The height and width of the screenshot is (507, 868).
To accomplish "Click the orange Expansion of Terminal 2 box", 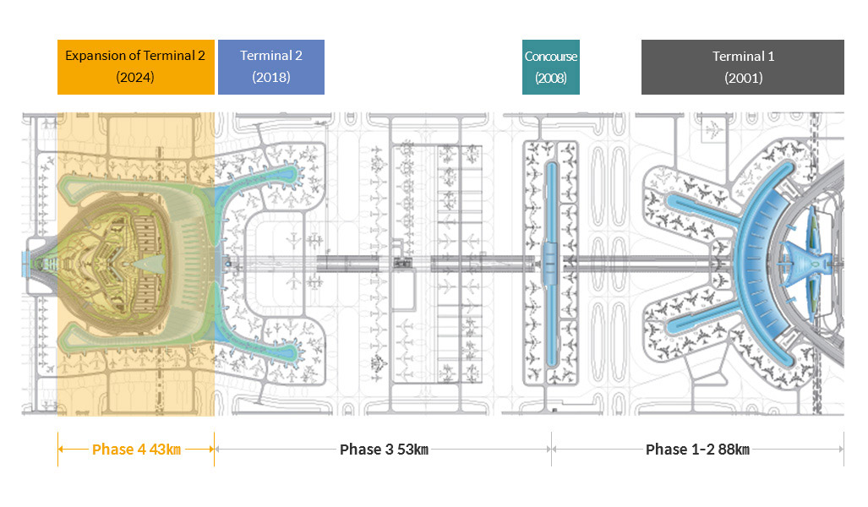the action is click(135, 67).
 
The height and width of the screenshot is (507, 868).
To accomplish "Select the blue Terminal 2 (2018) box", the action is click(271, 67).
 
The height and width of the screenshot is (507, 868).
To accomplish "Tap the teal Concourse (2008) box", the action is click(551, 67).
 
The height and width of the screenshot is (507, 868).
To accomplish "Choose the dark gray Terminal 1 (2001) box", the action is click(743, 67).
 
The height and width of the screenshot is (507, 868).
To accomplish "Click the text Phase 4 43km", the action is click(136, 450).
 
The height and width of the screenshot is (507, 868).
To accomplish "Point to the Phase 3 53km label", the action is click(385, 450).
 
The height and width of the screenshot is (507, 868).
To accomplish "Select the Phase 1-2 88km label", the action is click(697, 450).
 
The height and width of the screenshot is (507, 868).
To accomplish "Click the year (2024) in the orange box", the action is click(135, 77).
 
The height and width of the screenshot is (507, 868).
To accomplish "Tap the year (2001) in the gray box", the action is click(744, 78).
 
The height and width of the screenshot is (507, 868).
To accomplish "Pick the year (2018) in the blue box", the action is click(271, 77).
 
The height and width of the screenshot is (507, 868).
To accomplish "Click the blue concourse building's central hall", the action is click(550, 264).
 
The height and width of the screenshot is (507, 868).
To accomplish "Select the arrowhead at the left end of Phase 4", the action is click(62, 449).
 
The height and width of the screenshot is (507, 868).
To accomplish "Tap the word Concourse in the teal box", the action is click(551, 57).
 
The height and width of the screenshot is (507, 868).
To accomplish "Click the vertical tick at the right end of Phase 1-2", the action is click(843, 449).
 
